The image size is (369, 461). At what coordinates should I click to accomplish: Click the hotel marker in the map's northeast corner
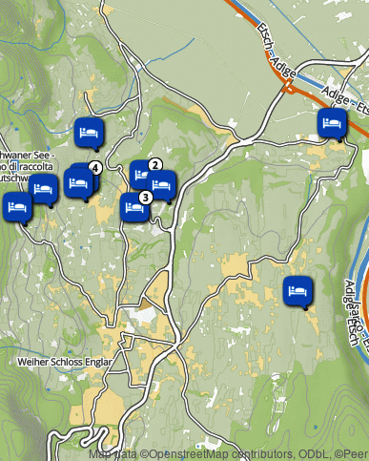coord(332,123)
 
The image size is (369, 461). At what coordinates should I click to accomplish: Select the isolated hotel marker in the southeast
coord(297,289)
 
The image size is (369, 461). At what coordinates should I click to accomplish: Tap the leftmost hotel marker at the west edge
coord(15,206)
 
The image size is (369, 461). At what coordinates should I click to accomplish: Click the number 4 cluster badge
coord(94,168)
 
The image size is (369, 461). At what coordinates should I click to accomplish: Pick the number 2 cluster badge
coord(154,164)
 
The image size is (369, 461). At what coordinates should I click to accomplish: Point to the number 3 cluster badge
coord(145,198)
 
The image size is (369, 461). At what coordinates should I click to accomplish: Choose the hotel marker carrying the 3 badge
coord(133,205)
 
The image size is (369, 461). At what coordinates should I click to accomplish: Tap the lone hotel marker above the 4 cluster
coord(90,132)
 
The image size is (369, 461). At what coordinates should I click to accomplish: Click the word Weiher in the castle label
coord(33,363)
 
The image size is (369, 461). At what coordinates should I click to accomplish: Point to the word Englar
coord(100,363)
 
